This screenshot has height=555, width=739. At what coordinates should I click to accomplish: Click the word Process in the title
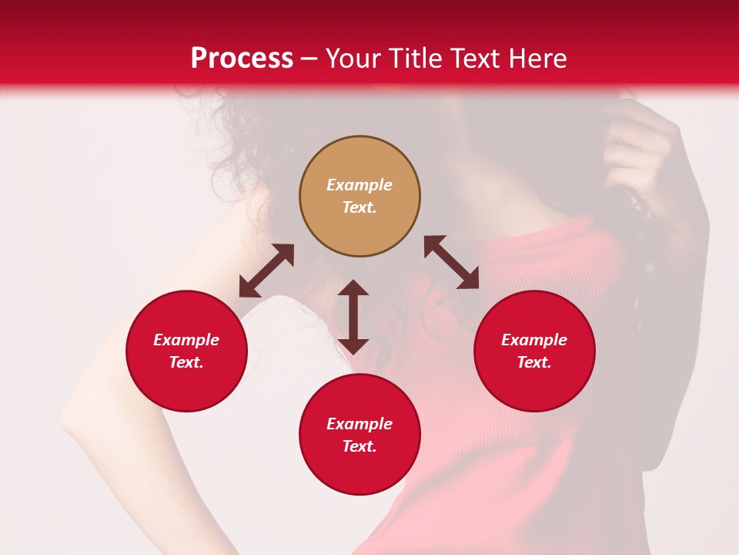[x=242, y=59]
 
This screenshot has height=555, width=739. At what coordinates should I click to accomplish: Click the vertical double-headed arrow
[x=353, y=317]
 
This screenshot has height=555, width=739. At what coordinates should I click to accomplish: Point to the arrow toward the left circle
[x=266, y=271]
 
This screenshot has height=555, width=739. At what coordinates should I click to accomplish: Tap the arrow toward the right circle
[x=452, y=262]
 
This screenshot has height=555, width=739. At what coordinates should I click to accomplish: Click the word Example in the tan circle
[x=359, y=185]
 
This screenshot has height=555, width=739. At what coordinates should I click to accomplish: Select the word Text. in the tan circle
[x=359, y=207]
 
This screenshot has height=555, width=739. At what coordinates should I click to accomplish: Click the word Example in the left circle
[x=186, y=340]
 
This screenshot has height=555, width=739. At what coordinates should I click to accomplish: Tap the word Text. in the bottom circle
[x=359, y=446]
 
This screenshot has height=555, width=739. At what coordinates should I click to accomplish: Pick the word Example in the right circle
[x=534, y=340]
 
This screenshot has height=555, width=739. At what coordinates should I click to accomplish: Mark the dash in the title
[x=309, y=59]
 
